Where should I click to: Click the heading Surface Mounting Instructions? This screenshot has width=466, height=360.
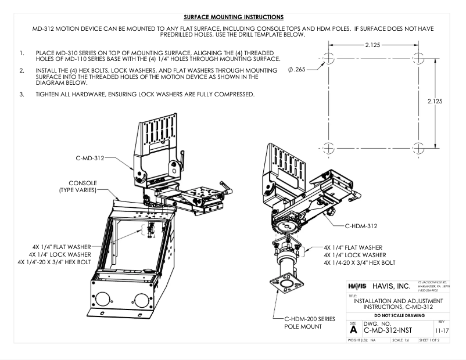point(232,17)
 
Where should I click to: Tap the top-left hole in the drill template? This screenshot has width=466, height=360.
point(328,58)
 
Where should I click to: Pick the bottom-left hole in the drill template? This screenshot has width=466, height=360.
point(328,146)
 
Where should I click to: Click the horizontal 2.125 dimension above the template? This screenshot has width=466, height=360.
point(373,44)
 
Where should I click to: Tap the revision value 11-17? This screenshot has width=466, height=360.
point(448,330)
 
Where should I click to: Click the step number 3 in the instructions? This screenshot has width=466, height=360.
point(21,95)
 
